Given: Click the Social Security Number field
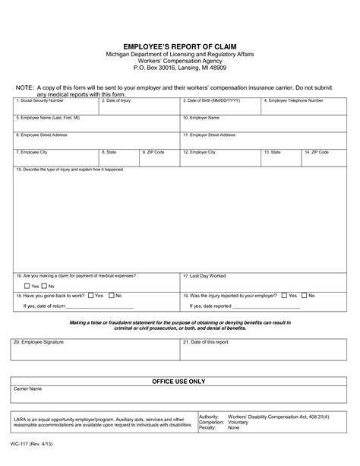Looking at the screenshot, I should coord(55,108).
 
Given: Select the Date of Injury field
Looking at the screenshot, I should coord(140,108).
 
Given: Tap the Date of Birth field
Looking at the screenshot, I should coord(220,108).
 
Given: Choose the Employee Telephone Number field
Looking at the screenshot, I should coord(304,108).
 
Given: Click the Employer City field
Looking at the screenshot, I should coord(220,158).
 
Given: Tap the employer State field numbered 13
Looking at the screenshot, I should coord(281,158).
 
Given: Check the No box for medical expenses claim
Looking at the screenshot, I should coord(44,286).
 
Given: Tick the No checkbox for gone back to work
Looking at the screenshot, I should coord(112,295).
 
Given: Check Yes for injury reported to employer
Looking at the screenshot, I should coord(283,295).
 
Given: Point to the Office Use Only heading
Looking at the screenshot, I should coord(179,381).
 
